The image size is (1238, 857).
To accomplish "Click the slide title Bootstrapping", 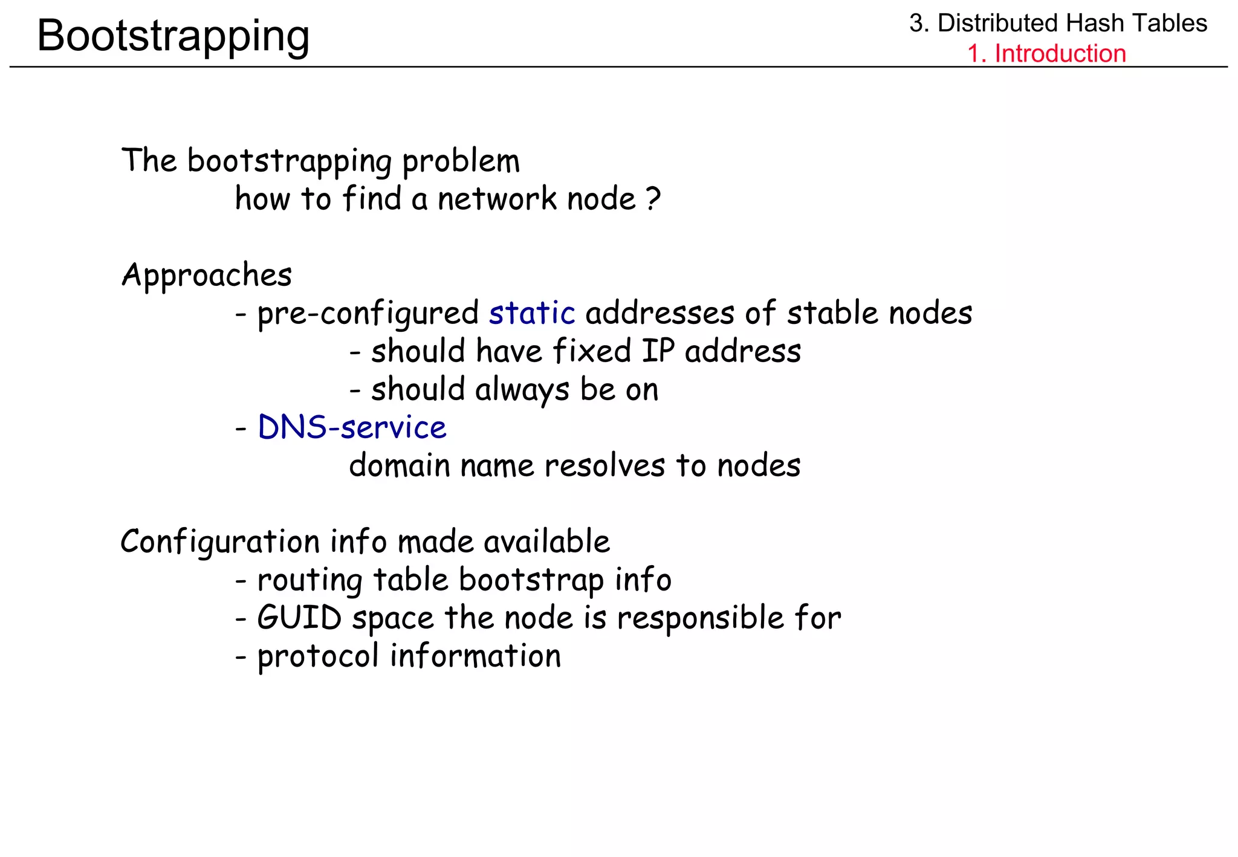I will coord(173,36).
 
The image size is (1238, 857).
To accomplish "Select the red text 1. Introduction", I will coord(1046,53).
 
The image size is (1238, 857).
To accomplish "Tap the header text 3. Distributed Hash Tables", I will coord(1058,24).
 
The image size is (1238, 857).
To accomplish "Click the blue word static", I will coord(532,313).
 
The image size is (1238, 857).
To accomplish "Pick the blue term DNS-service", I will coord(352,427).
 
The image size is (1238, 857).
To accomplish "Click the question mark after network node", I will coord(653,199).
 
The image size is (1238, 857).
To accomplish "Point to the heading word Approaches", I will coord(207,276).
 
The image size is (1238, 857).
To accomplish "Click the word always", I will coord(522,390).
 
